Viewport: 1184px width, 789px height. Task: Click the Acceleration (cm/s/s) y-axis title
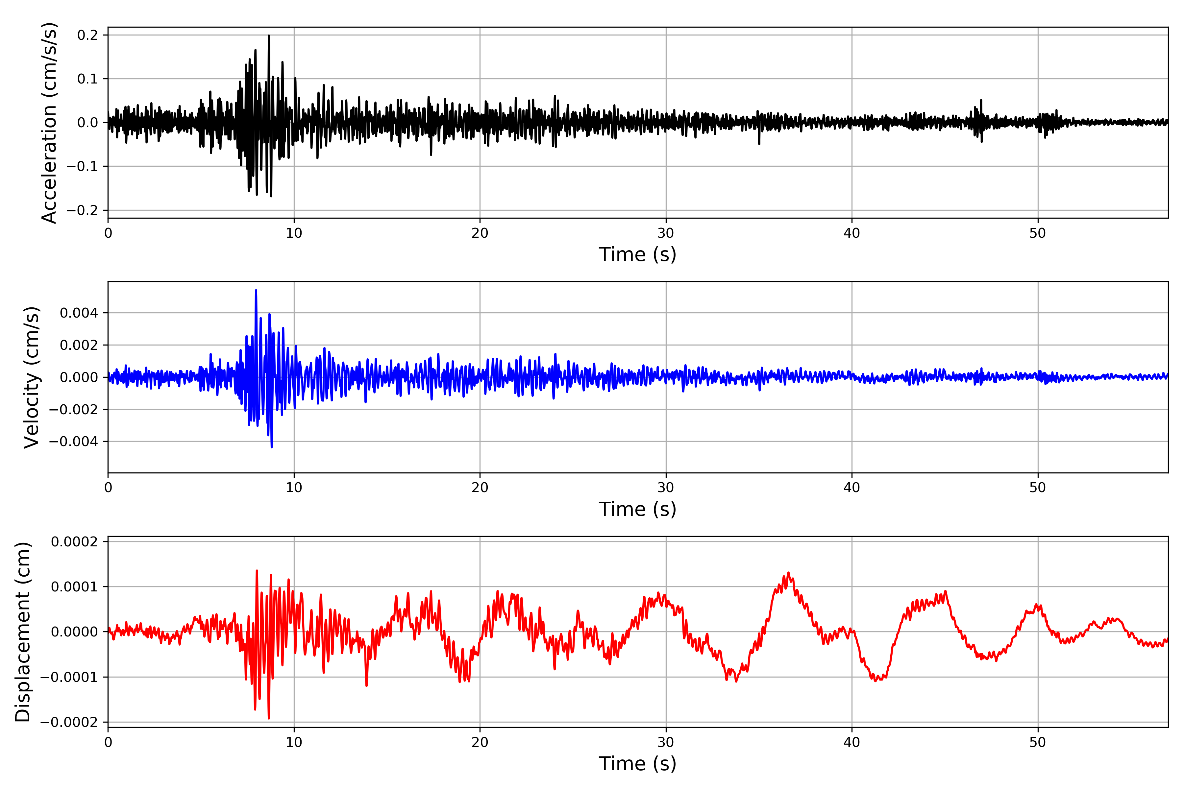point(49,123)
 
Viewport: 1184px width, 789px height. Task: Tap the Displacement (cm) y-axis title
point(23,632)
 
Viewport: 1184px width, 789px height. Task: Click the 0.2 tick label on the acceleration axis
point(87,35)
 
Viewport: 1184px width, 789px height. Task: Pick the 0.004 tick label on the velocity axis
point(79,313)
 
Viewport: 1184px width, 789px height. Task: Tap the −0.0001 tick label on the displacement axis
point(69,677)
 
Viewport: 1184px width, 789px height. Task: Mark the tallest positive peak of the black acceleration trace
point(269,36)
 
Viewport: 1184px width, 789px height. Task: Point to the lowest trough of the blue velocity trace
point(272,447)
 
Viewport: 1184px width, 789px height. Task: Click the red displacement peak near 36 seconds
point(788,573)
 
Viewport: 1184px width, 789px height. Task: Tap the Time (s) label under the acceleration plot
point(637,254)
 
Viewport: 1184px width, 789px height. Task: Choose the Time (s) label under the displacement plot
point(637,764)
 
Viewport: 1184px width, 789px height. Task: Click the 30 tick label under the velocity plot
point(665,488)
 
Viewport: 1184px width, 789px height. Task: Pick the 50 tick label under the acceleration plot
point(1038,233)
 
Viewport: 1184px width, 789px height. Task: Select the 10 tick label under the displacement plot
point(294,742)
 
